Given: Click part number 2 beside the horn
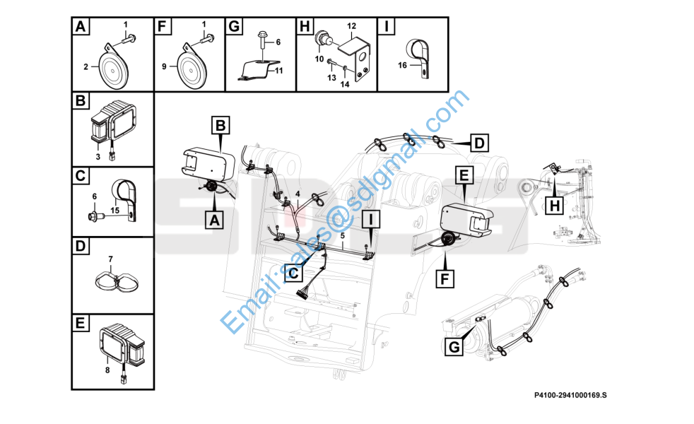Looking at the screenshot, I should (x=86, y=67).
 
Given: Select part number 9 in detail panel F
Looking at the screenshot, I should (x=164, y=66).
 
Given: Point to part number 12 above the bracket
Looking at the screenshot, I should (x=351, y=26).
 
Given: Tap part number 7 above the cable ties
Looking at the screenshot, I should (x=110, y=259).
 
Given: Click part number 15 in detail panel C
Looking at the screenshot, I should (x=114, y=210).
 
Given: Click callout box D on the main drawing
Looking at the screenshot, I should (x=479, y=143).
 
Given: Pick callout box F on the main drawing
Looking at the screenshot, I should (x=444, y=279).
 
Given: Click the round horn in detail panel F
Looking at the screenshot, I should (x=190, y=70).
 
